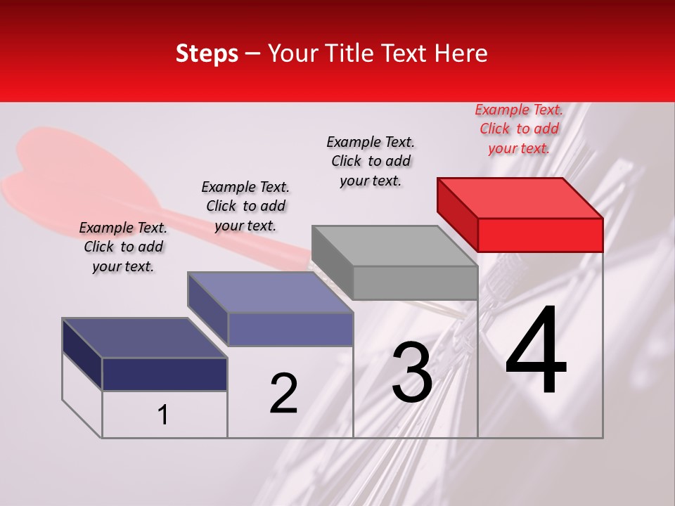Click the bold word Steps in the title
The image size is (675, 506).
click(207, 53)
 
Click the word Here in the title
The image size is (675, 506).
click(461, 53)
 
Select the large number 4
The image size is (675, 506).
click(536, 351)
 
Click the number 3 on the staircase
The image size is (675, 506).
click(411, 372)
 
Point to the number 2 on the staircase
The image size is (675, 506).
click(283, 394)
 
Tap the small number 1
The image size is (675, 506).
click(163, 415)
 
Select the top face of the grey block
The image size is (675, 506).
click(394, 246)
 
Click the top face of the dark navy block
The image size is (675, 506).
click(144, 338)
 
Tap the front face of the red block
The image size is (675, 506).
click(540, 235)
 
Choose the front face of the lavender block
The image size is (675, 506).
click(290, 329)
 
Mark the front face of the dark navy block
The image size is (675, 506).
click(165, 374)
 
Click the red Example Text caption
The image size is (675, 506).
click(519, 129)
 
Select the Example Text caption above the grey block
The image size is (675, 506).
click(371, 161)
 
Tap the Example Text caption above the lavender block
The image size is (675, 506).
click(245, 206)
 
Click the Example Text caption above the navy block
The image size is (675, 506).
click(123, 247)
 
